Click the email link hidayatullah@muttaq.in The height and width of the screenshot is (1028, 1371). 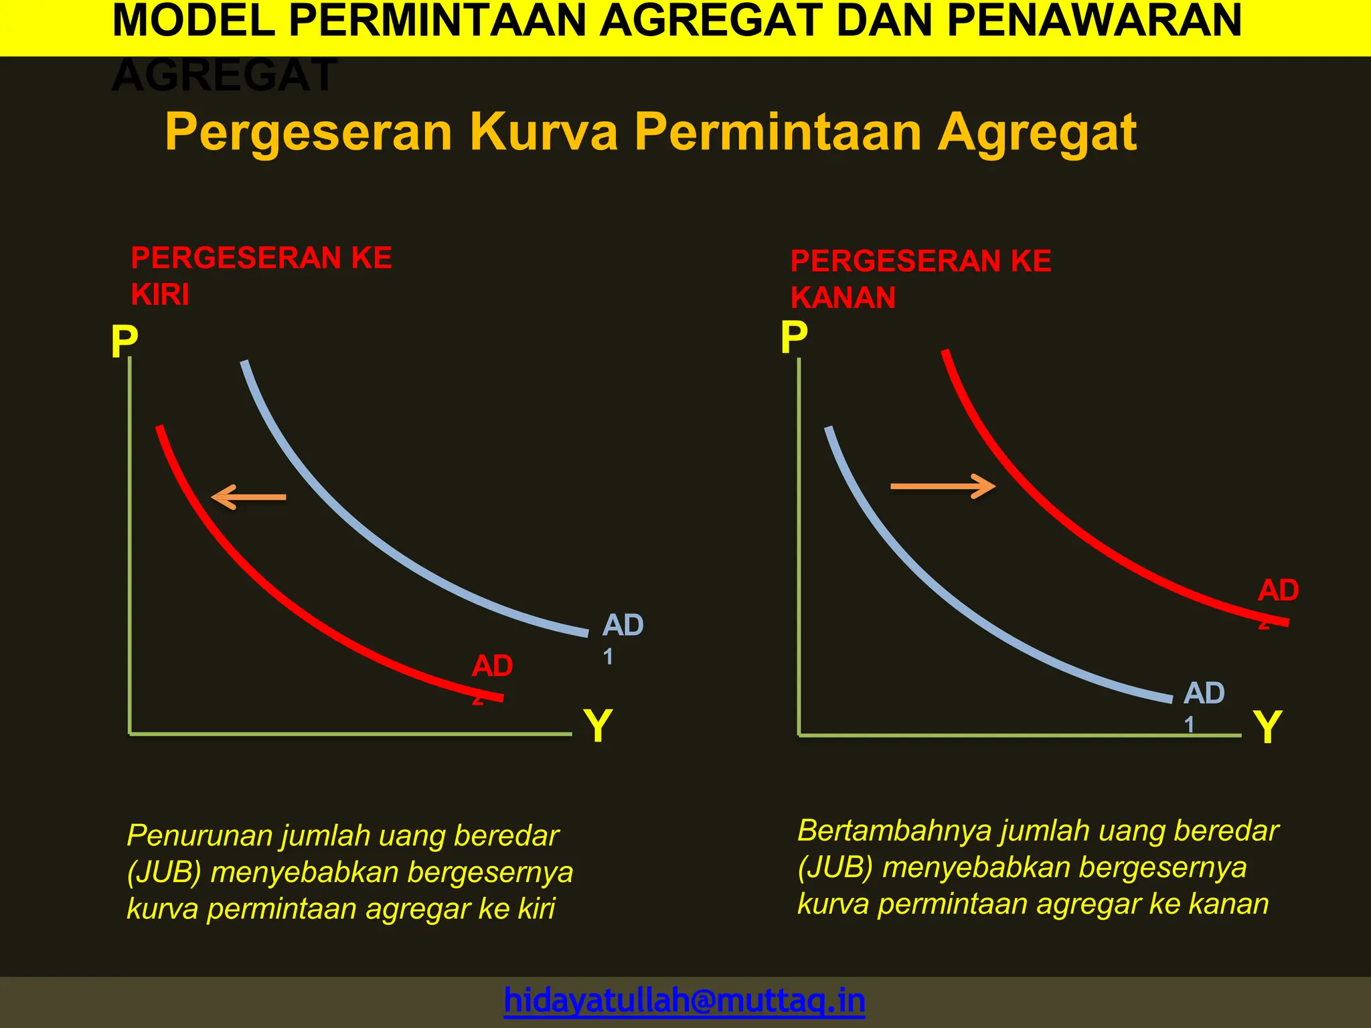click(x=684, y=1001)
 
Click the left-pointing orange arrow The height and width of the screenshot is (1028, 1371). click(x=248, y=497)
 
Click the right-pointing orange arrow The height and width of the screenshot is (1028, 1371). click(x=943, y=486)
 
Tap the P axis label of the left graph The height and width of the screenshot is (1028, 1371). click(x=125, y=342)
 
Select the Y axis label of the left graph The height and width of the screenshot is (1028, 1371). click(x=598, y=725)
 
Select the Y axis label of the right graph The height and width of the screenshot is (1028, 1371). click(x=1267, y=727)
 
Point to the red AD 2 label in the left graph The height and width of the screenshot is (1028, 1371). click(x=492, y=673)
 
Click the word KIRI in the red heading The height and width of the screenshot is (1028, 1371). click(x=160, y=294)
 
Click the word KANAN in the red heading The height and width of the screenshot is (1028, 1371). click(x=843, y=298)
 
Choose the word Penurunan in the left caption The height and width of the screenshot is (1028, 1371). click(x=199, y=835)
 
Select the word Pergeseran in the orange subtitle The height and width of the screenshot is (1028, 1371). click(x=309, y=132)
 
